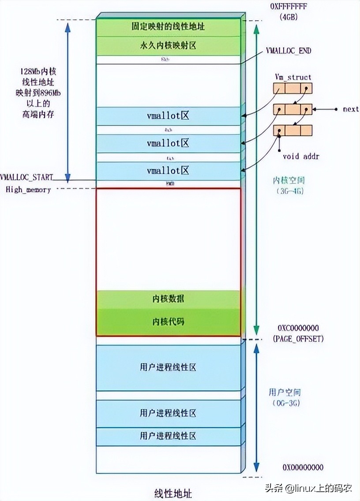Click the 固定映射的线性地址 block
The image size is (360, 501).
pyautogui.click(x=168, y=27)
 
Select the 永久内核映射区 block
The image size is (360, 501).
pyautogui.click(x=168, y=46)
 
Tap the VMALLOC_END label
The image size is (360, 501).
pyautogui.click(x=289, y=51)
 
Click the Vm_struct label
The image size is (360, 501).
pyautogui.click(x=293, y=77)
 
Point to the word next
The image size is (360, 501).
pyautogui.click(x=351, y=109)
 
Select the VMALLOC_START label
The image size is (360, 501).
pyautogui.click(x=26, y=177)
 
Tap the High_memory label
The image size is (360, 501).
pyautogui.click(x=28, y=190)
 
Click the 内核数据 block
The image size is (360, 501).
pyautogui.click(x=168, y=299)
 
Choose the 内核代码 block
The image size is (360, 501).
pyautogui.click(x=168, y=322)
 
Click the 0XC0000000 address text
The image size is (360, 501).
pyautogui.click(x=298, y=329)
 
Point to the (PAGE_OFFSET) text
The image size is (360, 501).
pyautogui.click(x=298, y=339)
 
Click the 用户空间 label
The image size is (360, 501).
pyautogui.click(x=285, y=392)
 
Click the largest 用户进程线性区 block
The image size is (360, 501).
pyautogui.click(x=168, y=367)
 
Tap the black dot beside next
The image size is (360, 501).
pyautogui.click(x=336, y=109)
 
